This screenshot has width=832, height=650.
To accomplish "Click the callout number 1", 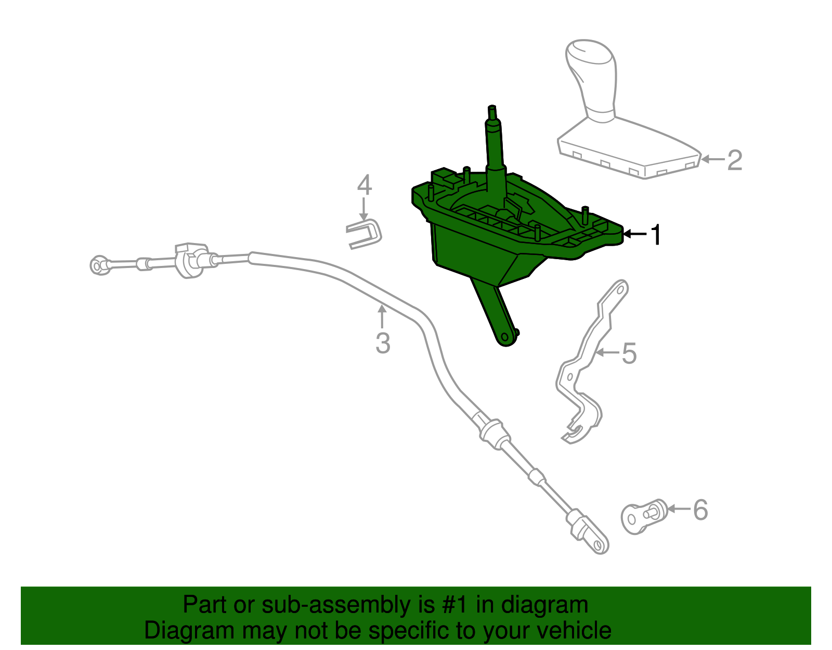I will [656, 235].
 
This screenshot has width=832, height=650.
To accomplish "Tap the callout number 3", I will [383, 343].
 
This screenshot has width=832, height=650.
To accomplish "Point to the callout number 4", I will [365, 185].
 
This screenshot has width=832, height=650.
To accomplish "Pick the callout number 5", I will [629, 353].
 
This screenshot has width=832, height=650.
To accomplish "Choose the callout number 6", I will [700, 509].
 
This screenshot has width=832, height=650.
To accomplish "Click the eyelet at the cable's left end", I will [98, 265].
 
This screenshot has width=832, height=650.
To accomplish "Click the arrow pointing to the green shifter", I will [634, 234].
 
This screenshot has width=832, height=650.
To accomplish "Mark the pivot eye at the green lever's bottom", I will [506, 338].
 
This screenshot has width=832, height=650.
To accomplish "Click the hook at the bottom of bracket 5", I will [575, 431].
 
